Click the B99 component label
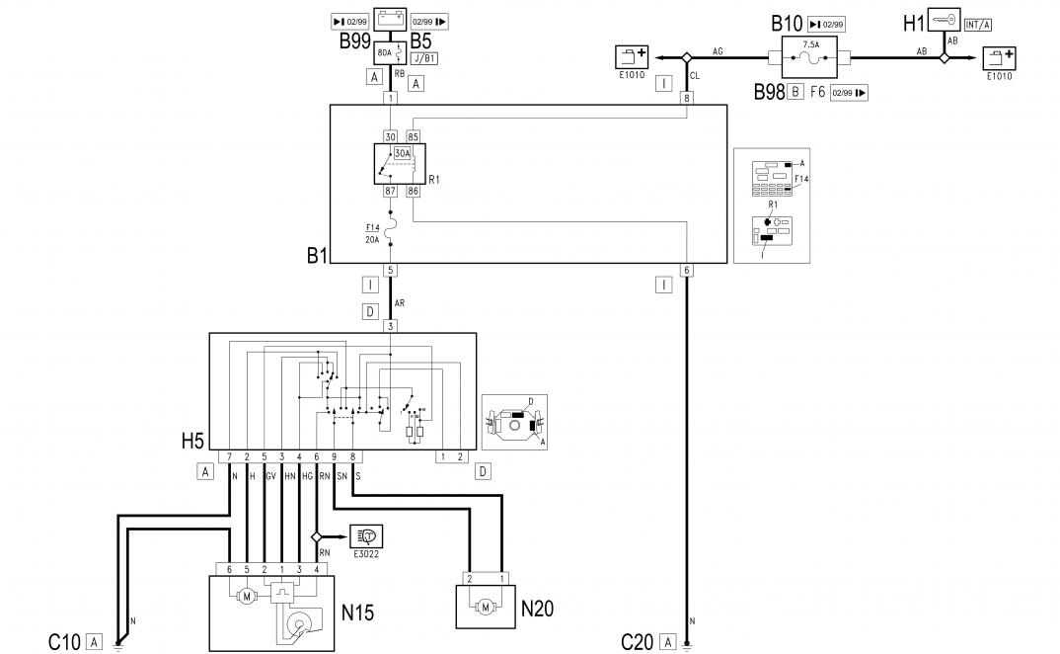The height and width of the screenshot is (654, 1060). pyautogui.click(x=354, y=41)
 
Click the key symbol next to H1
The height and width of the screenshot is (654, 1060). pyautogui.click(x=945, y=21)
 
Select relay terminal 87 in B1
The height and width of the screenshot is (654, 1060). pyautogui.click(x=390, y=191)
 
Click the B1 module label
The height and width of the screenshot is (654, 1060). pyautogui.click(x=316, y=255)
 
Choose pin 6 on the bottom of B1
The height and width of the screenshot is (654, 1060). pyautogui.click(x=687, y=270)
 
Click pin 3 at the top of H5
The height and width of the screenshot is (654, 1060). pyautogui.click(x=391, y=326)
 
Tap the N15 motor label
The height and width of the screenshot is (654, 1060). pyautogui.click(x=357, y=613)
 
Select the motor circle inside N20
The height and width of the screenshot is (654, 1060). pyautogui.click(x=485, y=605)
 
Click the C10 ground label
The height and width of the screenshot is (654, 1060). pyautogui.click(x=65, y=642)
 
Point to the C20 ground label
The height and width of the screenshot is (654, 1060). pyautogui.click(x=637, y=642)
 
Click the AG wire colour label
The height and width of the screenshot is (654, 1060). pyautogui.click(x=718, y=50)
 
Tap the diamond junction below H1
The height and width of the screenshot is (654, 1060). pyautogui.click(x=944, y=58)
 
